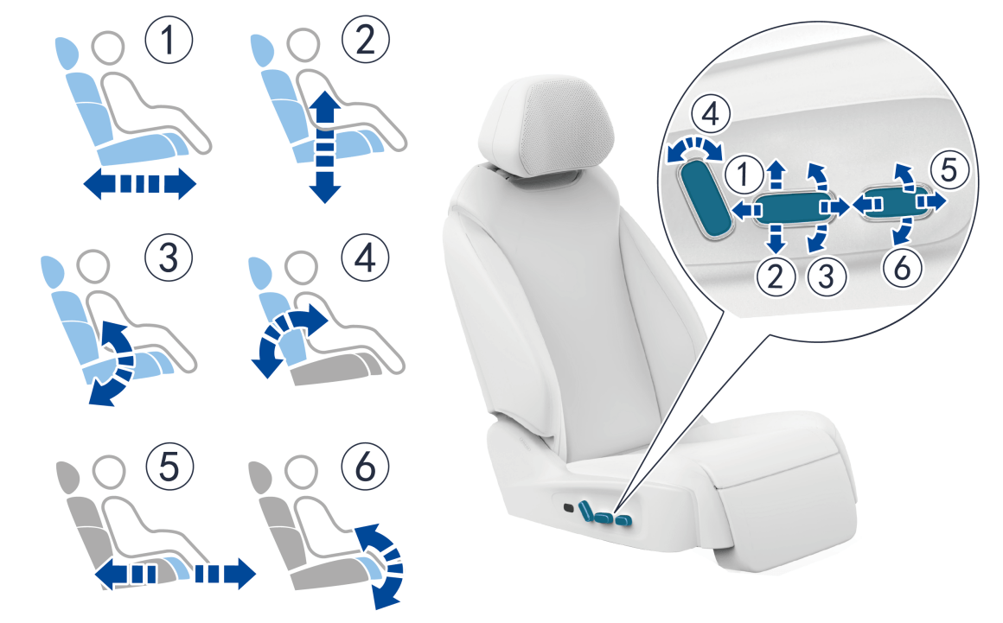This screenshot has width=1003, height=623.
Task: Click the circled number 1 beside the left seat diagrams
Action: coord(169,40)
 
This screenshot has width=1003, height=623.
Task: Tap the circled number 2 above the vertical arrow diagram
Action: coord(365,40)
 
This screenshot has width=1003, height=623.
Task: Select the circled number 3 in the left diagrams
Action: coord(169,257)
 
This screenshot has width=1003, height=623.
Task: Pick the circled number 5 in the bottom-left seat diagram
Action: coord(169,466)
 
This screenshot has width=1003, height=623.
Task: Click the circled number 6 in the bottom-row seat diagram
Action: coord(365,466)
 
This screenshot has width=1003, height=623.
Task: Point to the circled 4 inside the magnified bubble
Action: coord(711,115)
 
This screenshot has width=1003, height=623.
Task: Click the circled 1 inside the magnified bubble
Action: coord(744,174)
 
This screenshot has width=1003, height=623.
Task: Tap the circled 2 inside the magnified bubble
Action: coord(776,277)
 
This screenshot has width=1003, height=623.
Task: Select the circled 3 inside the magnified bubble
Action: coord(827,277)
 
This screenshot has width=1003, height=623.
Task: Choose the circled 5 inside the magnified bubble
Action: coord(949,170)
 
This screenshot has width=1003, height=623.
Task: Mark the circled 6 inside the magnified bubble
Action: coord(902,267)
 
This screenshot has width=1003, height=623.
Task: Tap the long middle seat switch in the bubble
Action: coord(790,208)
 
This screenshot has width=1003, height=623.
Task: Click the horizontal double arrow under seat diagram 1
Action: coord(139,184)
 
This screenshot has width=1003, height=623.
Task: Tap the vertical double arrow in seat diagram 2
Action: coord(325,147)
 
